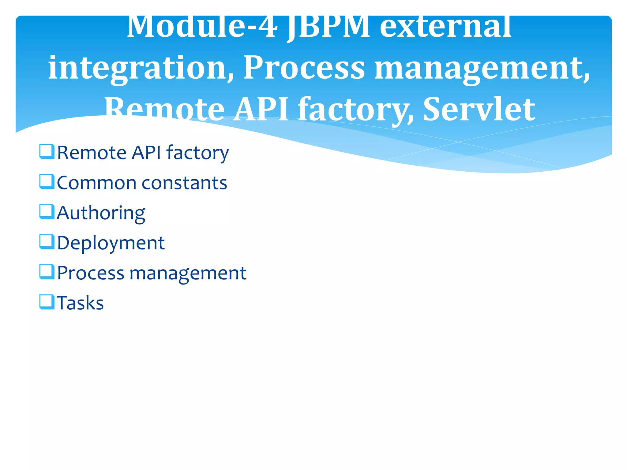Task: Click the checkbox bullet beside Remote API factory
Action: (x=47, y=152)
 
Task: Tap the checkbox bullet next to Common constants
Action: (x=47, y=182)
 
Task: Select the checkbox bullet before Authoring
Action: (x=47, y=212)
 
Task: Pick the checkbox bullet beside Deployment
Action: (x=47, y=242)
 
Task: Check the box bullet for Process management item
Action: (x=47, y=272)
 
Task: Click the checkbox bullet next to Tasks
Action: (x=47, y=302)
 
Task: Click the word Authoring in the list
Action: (x=101, y=213)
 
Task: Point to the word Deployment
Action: (x=111, y=243)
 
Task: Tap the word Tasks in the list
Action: (x=80, y=303)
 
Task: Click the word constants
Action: (x=184, y=183)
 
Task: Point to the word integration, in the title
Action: (x=141, y=68)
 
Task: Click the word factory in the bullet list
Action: (x=197, y=153)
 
